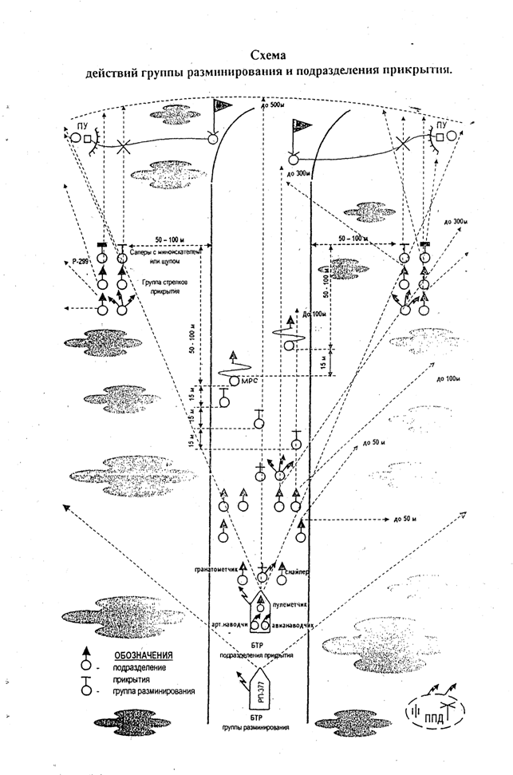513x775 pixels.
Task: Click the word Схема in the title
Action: [268, 54]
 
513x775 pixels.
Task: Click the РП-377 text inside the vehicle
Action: [262, 688]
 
